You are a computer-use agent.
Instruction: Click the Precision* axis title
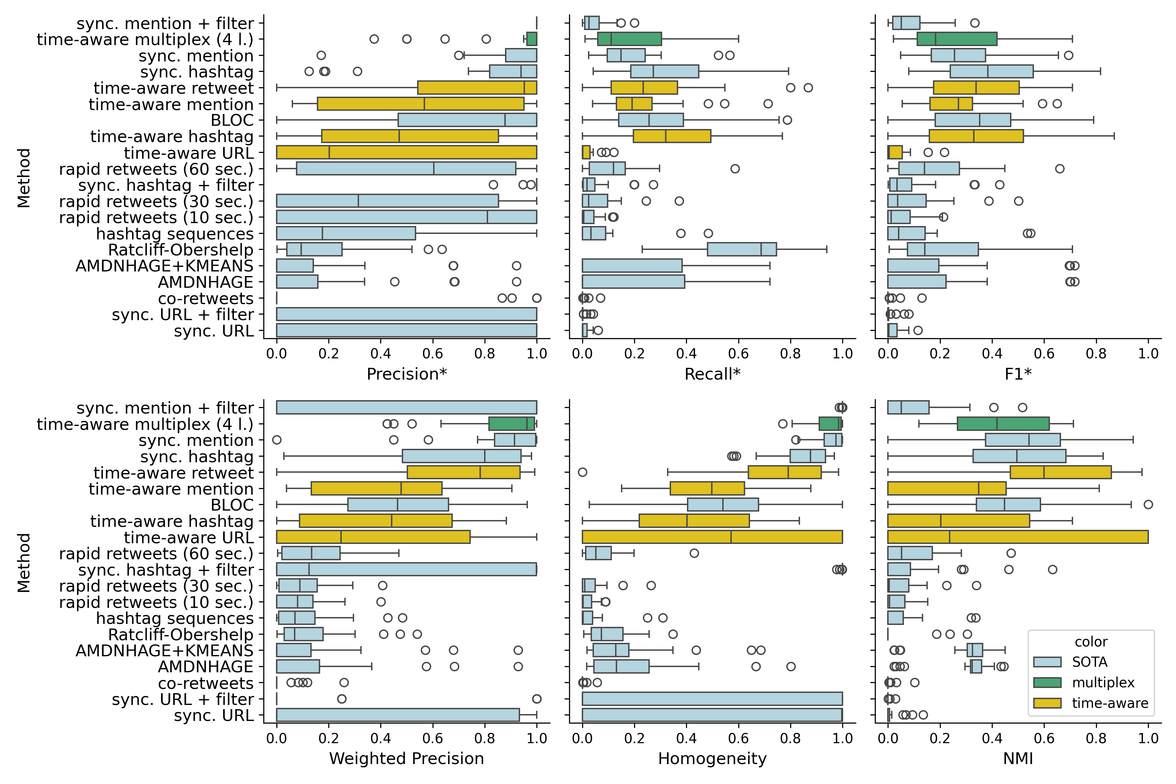406,374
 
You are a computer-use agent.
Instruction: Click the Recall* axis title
712,374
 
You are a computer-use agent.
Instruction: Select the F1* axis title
1018,374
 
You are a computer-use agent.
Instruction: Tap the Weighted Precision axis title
406,759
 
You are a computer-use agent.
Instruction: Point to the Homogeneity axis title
712,759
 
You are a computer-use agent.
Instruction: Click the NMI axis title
1018,759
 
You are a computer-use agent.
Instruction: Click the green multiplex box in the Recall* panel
629,39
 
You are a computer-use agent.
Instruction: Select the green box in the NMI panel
1003,423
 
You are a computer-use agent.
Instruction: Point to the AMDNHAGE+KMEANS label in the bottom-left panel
165,650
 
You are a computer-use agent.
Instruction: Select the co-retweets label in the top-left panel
205,299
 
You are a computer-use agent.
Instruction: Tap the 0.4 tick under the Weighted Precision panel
381,739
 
